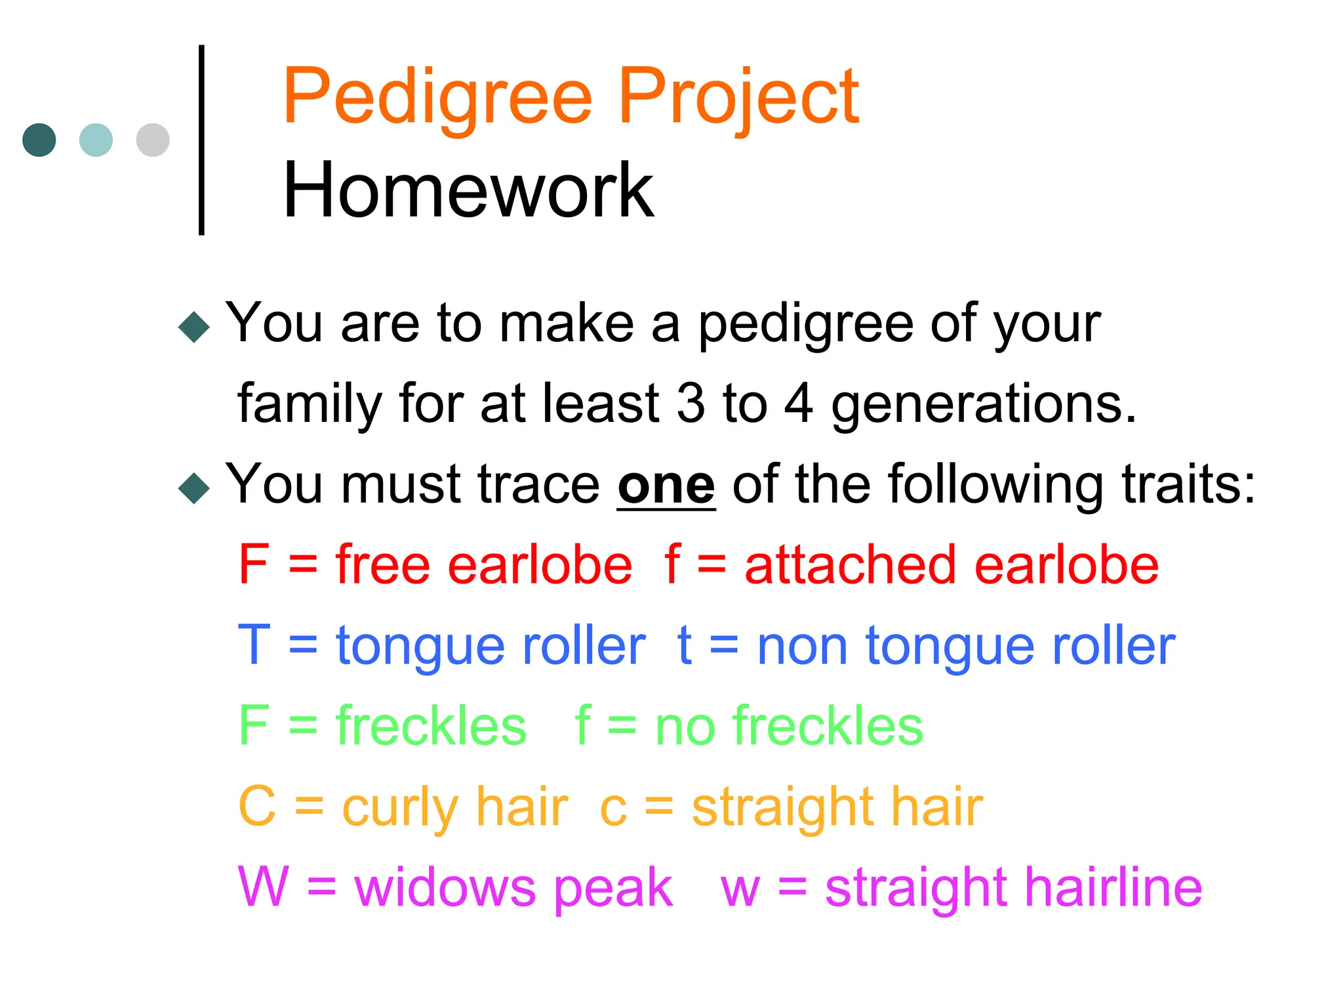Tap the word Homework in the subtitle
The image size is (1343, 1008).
(468, 191)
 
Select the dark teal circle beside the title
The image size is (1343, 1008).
(39, 140)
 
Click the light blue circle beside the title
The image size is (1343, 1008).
(96, 140)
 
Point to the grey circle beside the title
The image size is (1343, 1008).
(153, 140)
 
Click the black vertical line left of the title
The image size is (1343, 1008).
(201, 140)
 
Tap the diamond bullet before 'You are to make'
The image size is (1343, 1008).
(194, 327)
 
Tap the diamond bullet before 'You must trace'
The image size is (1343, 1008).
(194, 488)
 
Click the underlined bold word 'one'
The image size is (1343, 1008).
(666, 486)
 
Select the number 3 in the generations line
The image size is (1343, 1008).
(691, 404)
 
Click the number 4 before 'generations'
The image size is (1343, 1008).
(799, 404)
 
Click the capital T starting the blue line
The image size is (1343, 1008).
(254, 645)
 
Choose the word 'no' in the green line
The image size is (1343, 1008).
(685, 727)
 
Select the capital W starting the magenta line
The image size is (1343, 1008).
(262, 887)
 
